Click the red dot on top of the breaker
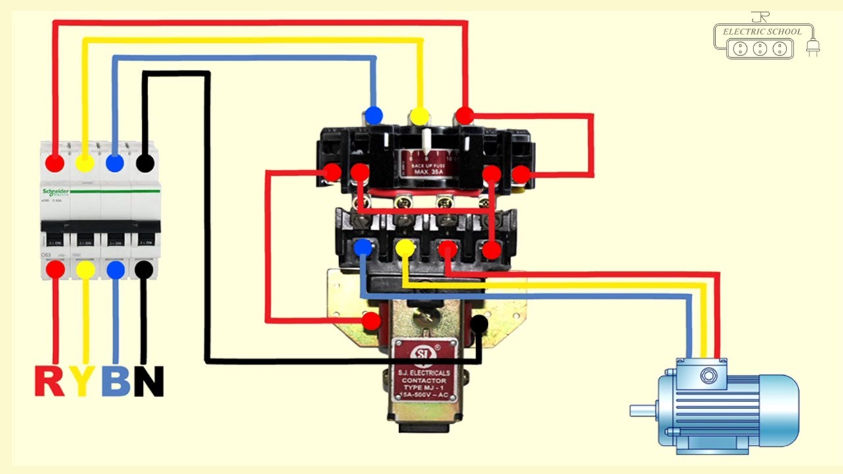click(x=55, y=163)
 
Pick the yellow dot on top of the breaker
click(x=84, y=163)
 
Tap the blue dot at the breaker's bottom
click(x=115, y=269)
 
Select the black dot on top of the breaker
click(x=145, y=163)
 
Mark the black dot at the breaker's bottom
click(x=145, y=269)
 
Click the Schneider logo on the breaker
click(x=56, y=192)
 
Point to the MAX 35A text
click(x=430, y=172)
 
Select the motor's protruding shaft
click(x=642, y=411)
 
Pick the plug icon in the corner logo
click(x=813, y=47)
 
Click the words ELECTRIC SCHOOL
click(x=762, y=32)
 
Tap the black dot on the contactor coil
click(x=479, y=323)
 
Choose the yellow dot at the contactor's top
click(x=418, y=117)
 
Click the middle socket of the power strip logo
click(x=760, y=48)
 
